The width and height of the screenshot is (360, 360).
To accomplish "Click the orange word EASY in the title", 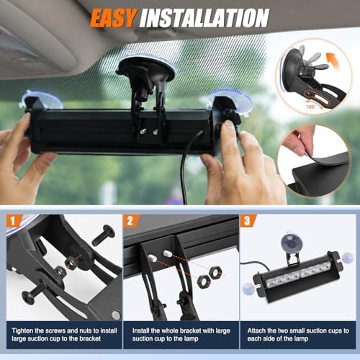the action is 114,18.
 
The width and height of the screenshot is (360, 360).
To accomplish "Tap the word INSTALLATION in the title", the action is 204,18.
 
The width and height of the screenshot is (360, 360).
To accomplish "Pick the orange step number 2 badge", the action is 131,221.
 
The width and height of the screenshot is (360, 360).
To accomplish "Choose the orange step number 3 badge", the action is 248,221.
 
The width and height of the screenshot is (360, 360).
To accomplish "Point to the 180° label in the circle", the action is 311,107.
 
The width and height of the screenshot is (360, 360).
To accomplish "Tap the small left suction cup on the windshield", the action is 41,99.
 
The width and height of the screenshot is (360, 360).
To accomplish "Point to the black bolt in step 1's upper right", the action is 104,235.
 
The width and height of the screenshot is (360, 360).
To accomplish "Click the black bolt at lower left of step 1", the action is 33,293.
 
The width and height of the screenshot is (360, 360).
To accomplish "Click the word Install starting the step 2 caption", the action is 141,330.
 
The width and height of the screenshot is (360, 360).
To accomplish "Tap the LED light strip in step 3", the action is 300,275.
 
